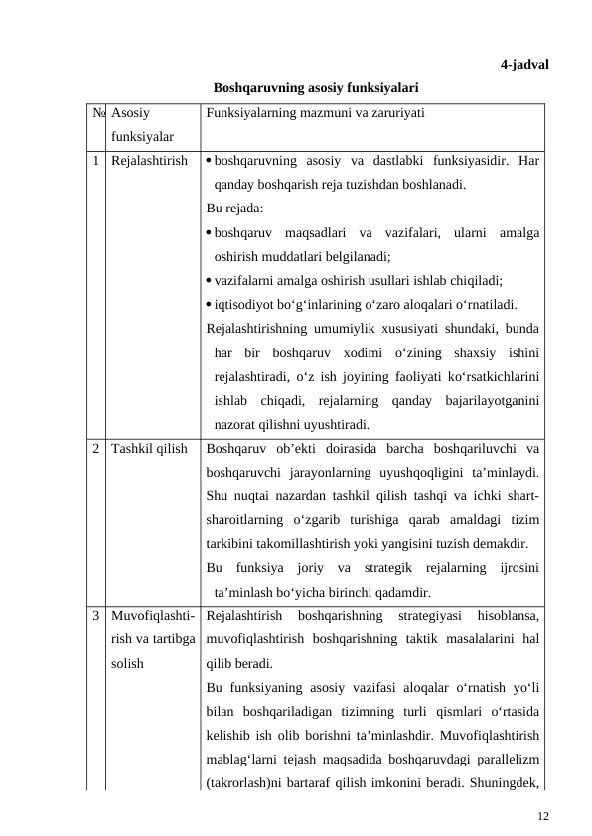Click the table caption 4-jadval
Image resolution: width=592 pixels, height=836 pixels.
[x=525, y=65]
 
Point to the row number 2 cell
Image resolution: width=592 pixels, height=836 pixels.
[x=98, y=449]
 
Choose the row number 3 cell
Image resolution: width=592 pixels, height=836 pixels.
[x=98, y=616]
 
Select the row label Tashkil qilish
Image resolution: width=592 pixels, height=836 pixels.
[x=150, y=449]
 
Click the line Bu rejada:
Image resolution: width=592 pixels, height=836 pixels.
[x=234, y=209]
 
